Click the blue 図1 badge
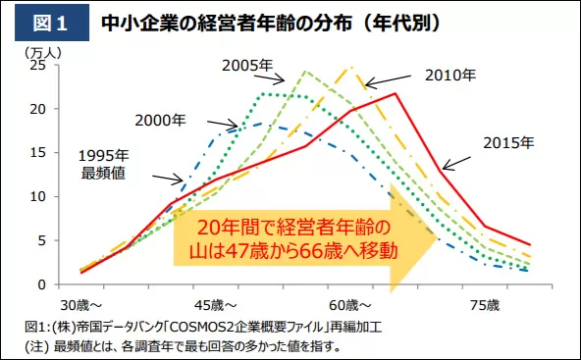52,23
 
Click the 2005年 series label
247,66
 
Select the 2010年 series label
450,76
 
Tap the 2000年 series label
160,121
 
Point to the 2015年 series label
508,143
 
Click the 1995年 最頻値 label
103,165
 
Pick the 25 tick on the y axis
37,65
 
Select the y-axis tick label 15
37,153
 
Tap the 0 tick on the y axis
41,284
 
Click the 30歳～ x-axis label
81,306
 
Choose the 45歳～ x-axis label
216,306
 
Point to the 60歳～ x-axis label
350,306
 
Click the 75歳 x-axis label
485,306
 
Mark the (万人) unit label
43,53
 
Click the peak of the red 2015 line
396,93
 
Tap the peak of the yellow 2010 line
351,67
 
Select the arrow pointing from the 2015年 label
456,164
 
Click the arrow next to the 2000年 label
223,124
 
